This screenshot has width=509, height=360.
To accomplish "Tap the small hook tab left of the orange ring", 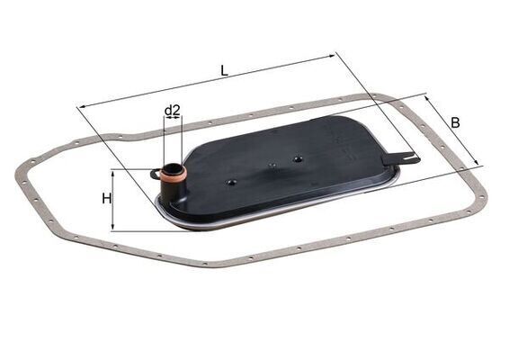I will [x=155, y=172].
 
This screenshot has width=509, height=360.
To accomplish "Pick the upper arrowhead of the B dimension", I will [x=429, y=99].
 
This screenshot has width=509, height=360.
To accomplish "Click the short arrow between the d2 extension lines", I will [x=173, y=120].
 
